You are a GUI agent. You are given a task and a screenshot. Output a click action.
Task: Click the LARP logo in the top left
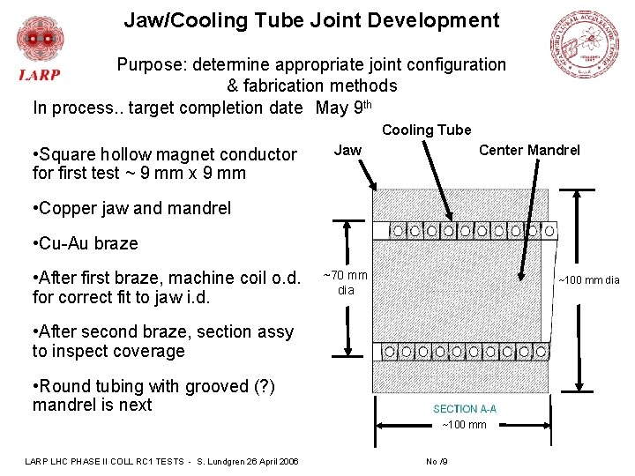pyautogui.click(x=40, y=49)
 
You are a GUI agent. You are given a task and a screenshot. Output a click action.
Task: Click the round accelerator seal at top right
pyautogui.click(x=585, y=44)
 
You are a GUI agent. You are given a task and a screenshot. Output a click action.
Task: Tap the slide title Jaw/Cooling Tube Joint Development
pyautogui.click(x=311, y=20)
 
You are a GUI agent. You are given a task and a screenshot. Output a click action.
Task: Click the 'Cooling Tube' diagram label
pyautogui.click(x=427, y=130)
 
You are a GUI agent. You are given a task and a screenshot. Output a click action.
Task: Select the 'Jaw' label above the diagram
pyautogui.click(x=347, y=151)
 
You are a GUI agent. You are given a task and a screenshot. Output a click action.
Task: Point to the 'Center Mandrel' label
pyautogui.click(x=529, y=151)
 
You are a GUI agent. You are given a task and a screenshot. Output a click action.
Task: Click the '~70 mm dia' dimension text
pyautogui.click(x=346, y=283)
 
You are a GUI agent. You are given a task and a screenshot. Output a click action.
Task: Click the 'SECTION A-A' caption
pyautogui.click(x=465, y=409)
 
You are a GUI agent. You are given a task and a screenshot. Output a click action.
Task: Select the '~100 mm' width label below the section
pyautogui.click(x=464, y=426)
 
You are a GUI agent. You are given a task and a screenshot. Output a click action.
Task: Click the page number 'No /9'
pyautogui.click(x=437, y=461)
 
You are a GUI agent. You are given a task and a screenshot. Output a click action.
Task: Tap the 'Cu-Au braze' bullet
pyautogui.click(x=85, y=243)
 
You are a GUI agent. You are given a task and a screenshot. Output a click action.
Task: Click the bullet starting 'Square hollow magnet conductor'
pyautogui.click(x=165, y=164)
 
